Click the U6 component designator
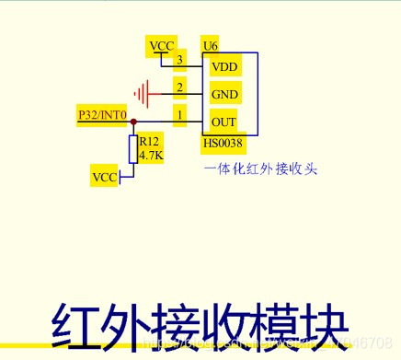210,45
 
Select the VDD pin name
224,66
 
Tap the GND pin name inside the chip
224,94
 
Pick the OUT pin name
223,122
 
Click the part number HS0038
224,144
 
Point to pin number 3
180,61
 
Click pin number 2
180,87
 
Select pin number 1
180,115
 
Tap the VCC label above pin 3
161,45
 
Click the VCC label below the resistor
105,176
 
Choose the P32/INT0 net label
102,115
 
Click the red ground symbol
141,93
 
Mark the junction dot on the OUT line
133,122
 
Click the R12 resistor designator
149,142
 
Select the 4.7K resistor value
151,156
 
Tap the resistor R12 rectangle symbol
133,148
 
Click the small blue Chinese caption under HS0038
259,168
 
